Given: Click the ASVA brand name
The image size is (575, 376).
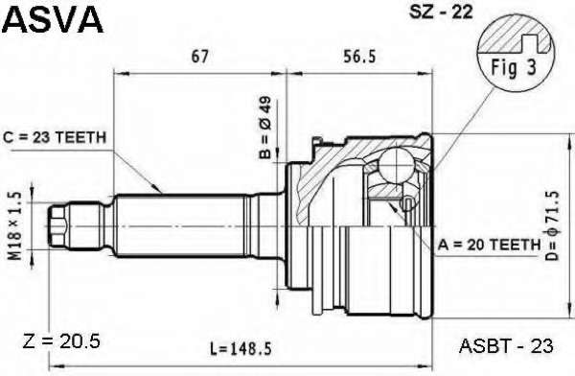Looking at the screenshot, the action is [53, 19].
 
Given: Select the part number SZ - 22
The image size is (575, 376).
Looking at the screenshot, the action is [441, 12].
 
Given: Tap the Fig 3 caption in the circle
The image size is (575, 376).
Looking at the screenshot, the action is [514, 67].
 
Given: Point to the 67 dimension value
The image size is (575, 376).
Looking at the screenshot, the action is [200, 57].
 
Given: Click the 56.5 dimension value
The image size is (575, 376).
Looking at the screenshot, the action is [359, 57].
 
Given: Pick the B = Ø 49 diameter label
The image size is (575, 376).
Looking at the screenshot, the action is [265, 128].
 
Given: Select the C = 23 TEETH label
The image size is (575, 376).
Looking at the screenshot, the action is [55, 138].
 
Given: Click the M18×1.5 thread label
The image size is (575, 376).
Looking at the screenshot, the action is [14, 226].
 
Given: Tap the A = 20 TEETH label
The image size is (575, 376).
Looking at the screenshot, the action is [490, 245].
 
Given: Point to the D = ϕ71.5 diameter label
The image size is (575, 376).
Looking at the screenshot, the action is [552, 225].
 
